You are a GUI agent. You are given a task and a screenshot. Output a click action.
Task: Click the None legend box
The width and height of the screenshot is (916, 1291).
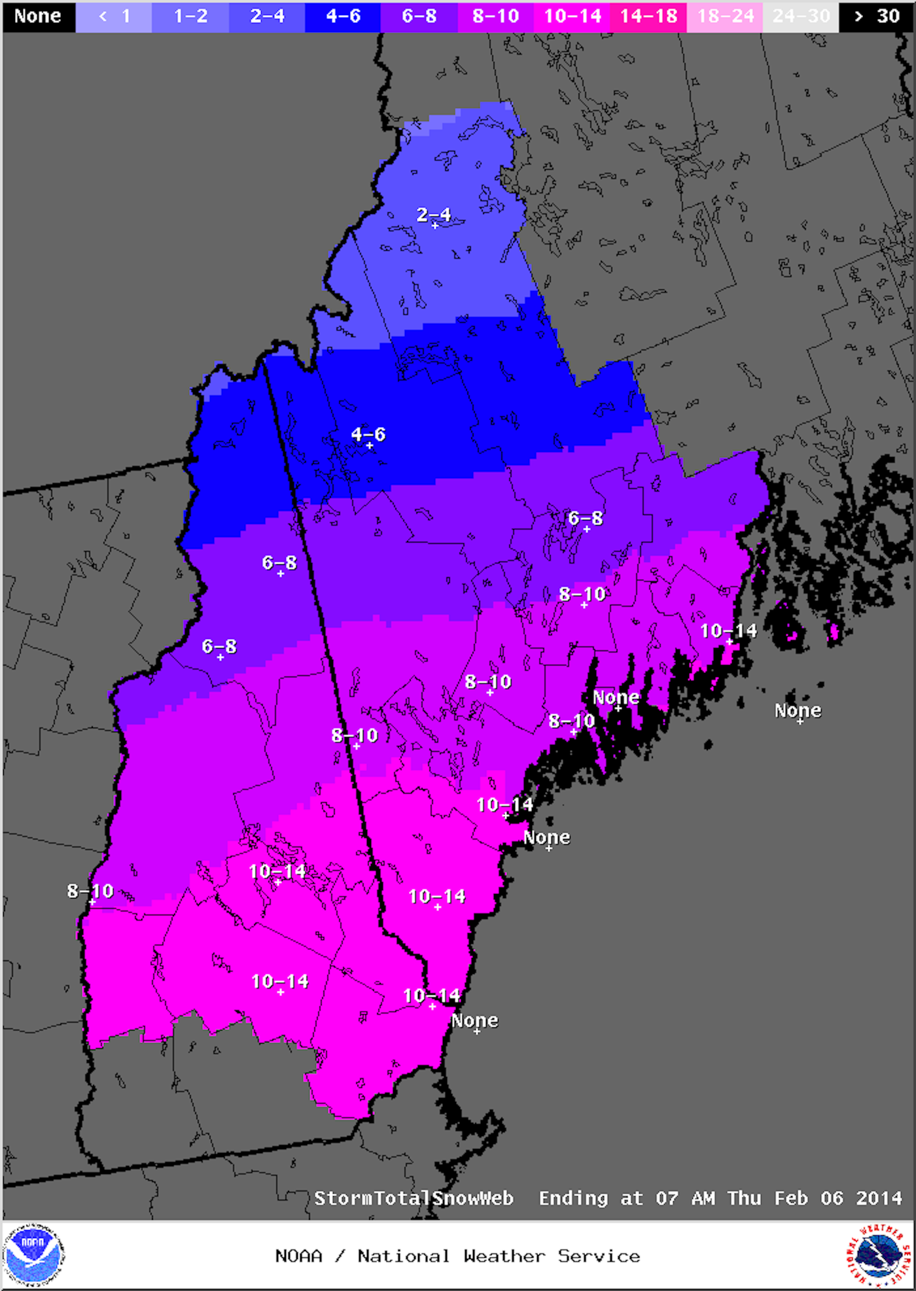coord(38,16)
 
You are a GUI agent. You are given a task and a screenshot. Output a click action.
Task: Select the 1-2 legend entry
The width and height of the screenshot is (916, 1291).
coord(190,16)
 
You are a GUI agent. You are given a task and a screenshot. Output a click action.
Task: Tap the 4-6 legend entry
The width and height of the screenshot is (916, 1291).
coord(343,16)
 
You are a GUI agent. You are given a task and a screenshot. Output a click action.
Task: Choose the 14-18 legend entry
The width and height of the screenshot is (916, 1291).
coord(648,16)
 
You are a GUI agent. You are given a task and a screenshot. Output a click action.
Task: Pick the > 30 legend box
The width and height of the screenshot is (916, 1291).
coord(877,16)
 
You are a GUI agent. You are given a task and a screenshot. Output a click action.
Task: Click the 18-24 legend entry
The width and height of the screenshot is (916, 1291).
coord(725,16)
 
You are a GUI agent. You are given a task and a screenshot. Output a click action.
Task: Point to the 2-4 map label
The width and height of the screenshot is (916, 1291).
coord(434,215)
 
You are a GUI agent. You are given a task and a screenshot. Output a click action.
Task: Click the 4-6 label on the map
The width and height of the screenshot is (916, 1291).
coord(368,434)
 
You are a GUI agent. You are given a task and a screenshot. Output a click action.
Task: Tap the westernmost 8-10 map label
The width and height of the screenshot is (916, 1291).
coord(90,891)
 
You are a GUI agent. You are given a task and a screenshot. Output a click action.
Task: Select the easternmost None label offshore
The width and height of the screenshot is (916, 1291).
coord(798,710)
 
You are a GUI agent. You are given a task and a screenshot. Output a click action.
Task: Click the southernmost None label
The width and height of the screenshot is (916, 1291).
coord(475,1020)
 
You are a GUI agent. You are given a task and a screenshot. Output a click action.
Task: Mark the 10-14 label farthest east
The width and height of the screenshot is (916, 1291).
coord(728,631)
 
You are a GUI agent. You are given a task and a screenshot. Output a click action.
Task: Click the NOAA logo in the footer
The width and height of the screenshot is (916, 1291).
coord(33,1254)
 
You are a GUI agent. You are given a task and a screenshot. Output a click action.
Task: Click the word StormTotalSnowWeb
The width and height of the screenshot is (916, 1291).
coord(414,1198)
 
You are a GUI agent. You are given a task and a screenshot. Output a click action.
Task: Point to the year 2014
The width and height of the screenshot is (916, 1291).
coord(879,1198)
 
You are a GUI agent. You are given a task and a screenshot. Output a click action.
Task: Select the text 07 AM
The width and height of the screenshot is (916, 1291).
coord(685,1198)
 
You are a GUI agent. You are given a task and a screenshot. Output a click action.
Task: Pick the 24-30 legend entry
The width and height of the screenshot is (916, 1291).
coord(801,16)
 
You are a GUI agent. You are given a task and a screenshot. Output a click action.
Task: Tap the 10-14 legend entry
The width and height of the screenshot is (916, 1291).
coord(572,16)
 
